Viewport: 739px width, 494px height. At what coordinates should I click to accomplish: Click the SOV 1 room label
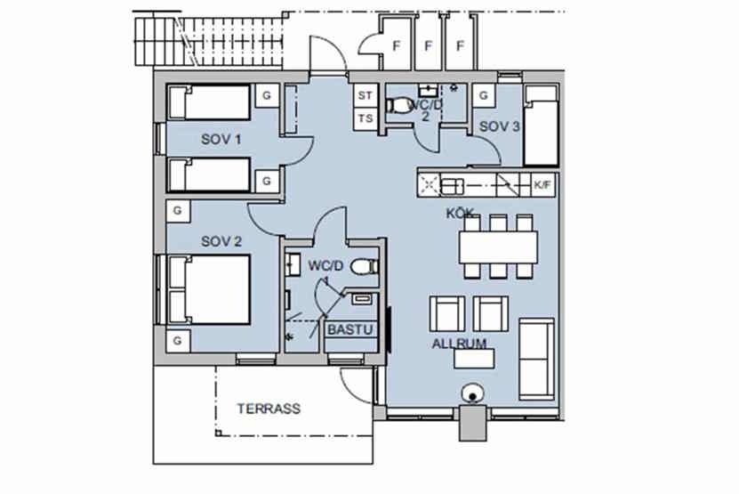(221, 139)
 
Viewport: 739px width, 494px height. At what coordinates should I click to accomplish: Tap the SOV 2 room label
(221, 241)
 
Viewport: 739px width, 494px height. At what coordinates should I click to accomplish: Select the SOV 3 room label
(500, 126)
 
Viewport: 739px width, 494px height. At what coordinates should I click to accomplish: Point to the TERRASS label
(269, 409)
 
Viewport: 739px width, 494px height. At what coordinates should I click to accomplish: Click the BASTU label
(350, 329)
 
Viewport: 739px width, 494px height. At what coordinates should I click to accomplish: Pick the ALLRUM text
(459, 344)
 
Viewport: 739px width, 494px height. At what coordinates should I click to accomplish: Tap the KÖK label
(460, 214)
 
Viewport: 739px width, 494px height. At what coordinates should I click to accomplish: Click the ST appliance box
(365, 96)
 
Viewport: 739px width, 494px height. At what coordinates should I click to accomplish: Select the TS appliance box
(365, 118)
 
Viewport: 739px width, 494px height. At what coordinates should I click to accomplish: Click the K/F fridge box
(542, 185)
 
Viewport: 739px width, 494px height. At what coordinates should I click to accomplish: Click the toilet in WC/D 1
(365, 266)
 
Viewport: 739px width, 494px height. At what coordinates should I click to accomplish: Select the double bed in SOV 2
(209, 289)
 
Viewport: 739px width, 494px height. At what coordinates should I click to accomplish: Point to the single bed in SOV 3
(542, 126)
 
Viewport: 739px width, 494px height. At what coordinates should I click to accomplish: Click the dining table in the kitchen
(499, 247)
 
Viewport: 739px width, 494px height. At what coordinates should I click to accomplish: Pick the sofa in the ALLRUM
(537, 359)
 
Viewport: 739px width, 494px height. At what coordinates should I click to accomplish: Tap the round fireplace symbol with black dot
(472, 394)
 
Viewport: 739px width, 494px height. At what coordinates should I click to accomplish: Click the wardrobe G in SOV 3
(483, 96)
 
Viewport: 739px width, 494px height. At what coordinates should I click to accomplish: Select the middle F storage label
(429, 46)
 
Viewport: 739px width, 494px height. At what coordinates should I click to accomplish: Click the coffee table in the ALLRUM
(474, 359)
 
